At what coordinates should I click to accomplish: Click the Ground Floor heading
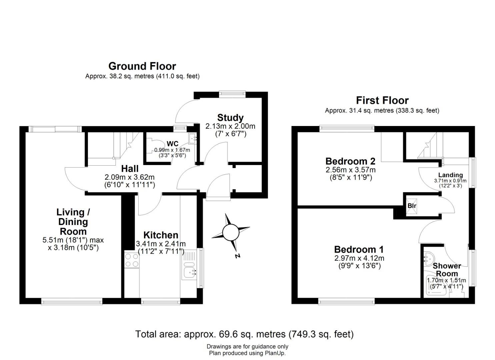pos(142,66)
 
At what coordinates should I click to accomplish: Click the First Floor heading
pos(382,100)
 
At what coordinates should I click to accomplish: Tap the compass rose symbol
pos(231,232)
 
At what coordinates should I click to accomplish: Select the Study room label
pos(230,118)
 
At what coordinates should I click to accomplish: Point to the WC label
pos(172,144)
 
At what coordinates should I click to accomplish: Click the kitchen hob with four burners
pos(131,260)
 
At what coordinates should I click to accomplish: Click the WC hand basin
pos(192,138)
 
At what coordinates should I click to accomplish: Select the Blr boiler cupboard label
pos(412,206)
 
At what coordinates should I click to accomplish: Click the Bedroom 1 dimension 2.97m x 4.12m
pos(359,258)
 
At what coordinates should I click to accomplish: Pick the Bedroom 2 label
pos(350,161)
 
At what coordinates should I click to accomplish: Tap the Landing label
pos(450,175)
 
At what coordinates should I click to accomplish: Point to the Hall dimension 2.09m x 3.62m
pos(130,177)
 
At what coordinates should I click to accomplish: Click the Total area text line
pos(244,334)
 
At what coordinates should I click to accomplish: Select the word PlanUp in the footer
pos(275,353)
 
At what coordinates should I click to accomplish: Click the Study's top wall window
pos(232,94)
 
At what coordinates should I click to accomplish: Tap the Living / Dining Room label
pos(73,222)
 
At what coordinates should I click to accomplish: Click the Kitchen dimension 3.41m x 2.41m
pos(161,244)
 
